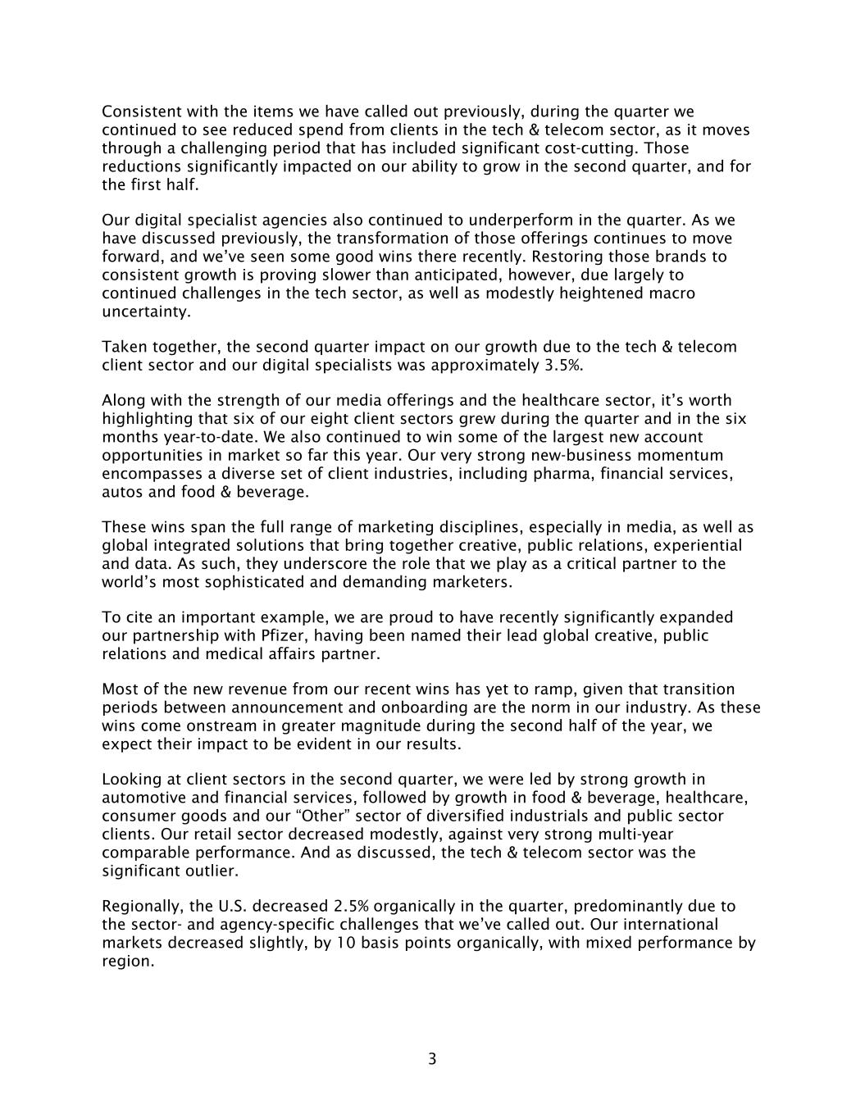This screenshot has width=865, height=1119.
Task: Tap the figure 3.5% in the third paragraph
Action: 563,365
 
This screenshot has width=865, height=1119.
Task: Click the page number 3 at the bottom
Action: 432,1058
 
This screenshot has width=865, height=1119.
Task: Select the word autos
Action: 120,492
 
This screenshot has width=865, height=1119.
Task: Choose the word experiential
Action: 688,545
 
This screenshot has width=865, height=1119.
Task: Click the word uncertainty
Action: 145,312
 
